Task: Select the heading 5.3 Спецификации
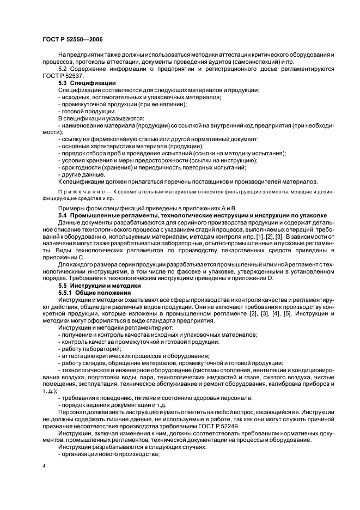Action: point(87,83)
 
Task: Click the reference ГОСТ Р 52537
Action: point(62,76)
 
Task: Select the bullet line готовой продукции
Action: point(87,111)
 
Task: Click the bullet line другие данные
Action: point(82,174)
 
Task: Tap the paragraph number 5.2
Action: point(63,70)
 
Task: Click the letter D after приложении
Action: point(271,278)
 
